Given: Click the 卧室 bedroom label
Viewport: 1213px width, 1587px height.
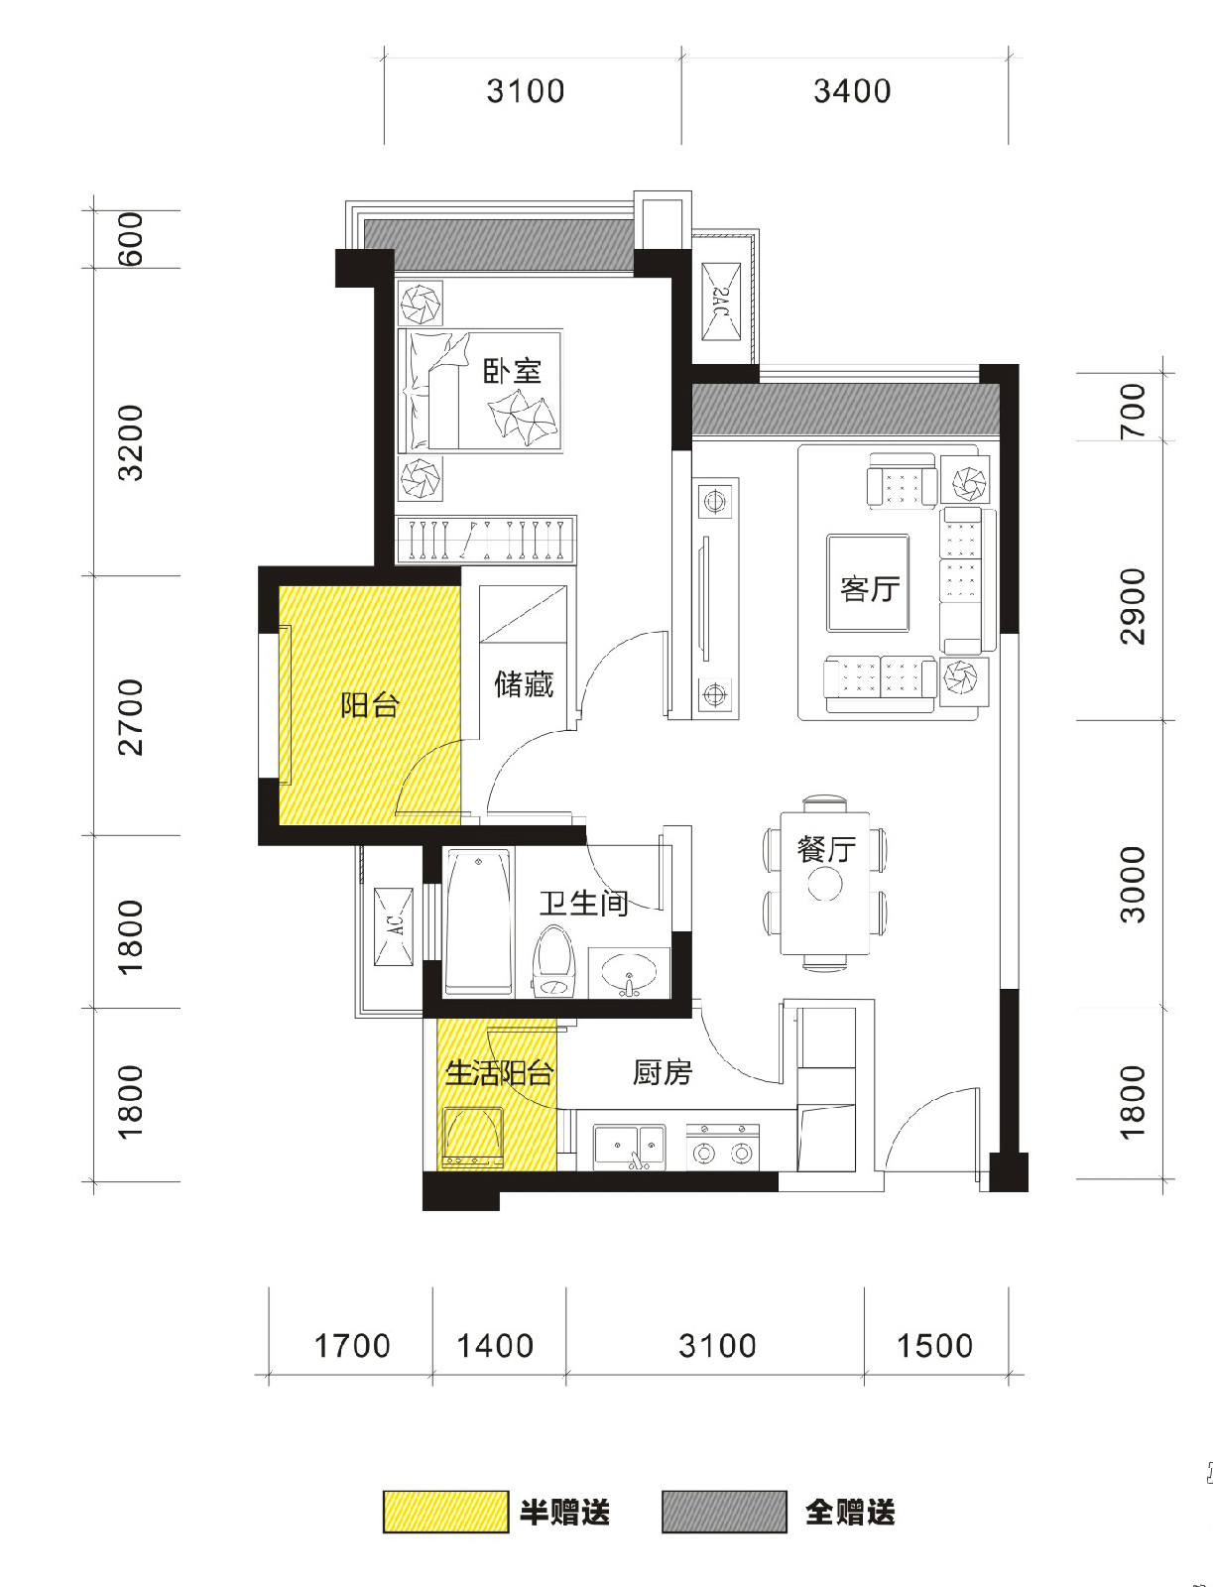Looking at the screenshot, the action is coord(513,371).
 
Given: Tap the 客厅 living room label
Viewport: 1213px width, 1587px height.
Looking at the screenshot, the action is coord(870,588).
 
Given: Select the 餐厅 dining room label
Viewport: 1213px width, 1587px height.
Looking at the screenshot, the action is coord(826,849).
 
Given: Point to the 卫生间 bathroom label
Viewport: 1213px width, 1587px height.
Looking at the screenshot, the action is coord(584,903).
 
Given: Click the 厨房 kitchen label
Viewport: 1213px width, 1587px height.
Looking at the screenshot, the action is coord(663,1072).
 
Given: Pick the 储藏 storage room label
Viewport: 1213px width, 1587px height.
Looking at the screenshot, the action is coord(524,684).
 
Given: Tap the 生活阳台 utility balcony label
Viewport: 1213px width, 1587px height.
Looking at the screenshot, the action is coord(500,1073).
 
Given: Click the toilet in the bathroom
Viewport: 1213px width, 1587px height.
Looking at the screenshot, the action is coord(553,962).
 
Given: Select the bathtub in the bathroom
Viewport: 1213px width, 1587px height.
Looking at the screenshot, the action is coord(480,922).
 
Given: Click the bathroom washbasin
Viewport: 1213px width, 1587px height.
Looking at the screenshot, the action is coord(629,973).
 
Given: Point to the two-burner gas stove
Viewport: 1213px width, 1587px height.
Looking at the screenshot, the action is coord(722,1147).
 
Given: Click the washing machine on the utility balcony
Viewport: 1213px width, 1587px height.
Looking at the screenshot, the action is coord(473,1138).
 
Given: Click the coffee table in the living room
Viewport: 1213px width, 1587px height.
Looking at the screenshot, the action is coord(868,583).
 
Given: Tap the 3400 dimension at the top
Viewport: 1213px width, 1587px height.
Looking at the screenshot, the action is coord(852,91).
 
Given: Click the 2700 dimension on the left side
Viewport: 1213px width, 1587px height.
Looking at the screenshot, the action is coord(131,717).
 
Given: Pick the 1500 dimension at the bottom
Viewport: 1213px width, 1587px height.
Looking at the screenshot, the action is coord(934,1346).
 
